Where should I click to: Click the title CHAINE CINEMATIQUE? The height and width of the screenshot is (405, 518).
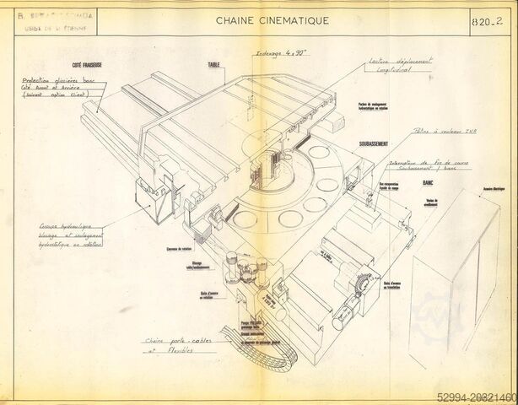pos(266,19)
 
